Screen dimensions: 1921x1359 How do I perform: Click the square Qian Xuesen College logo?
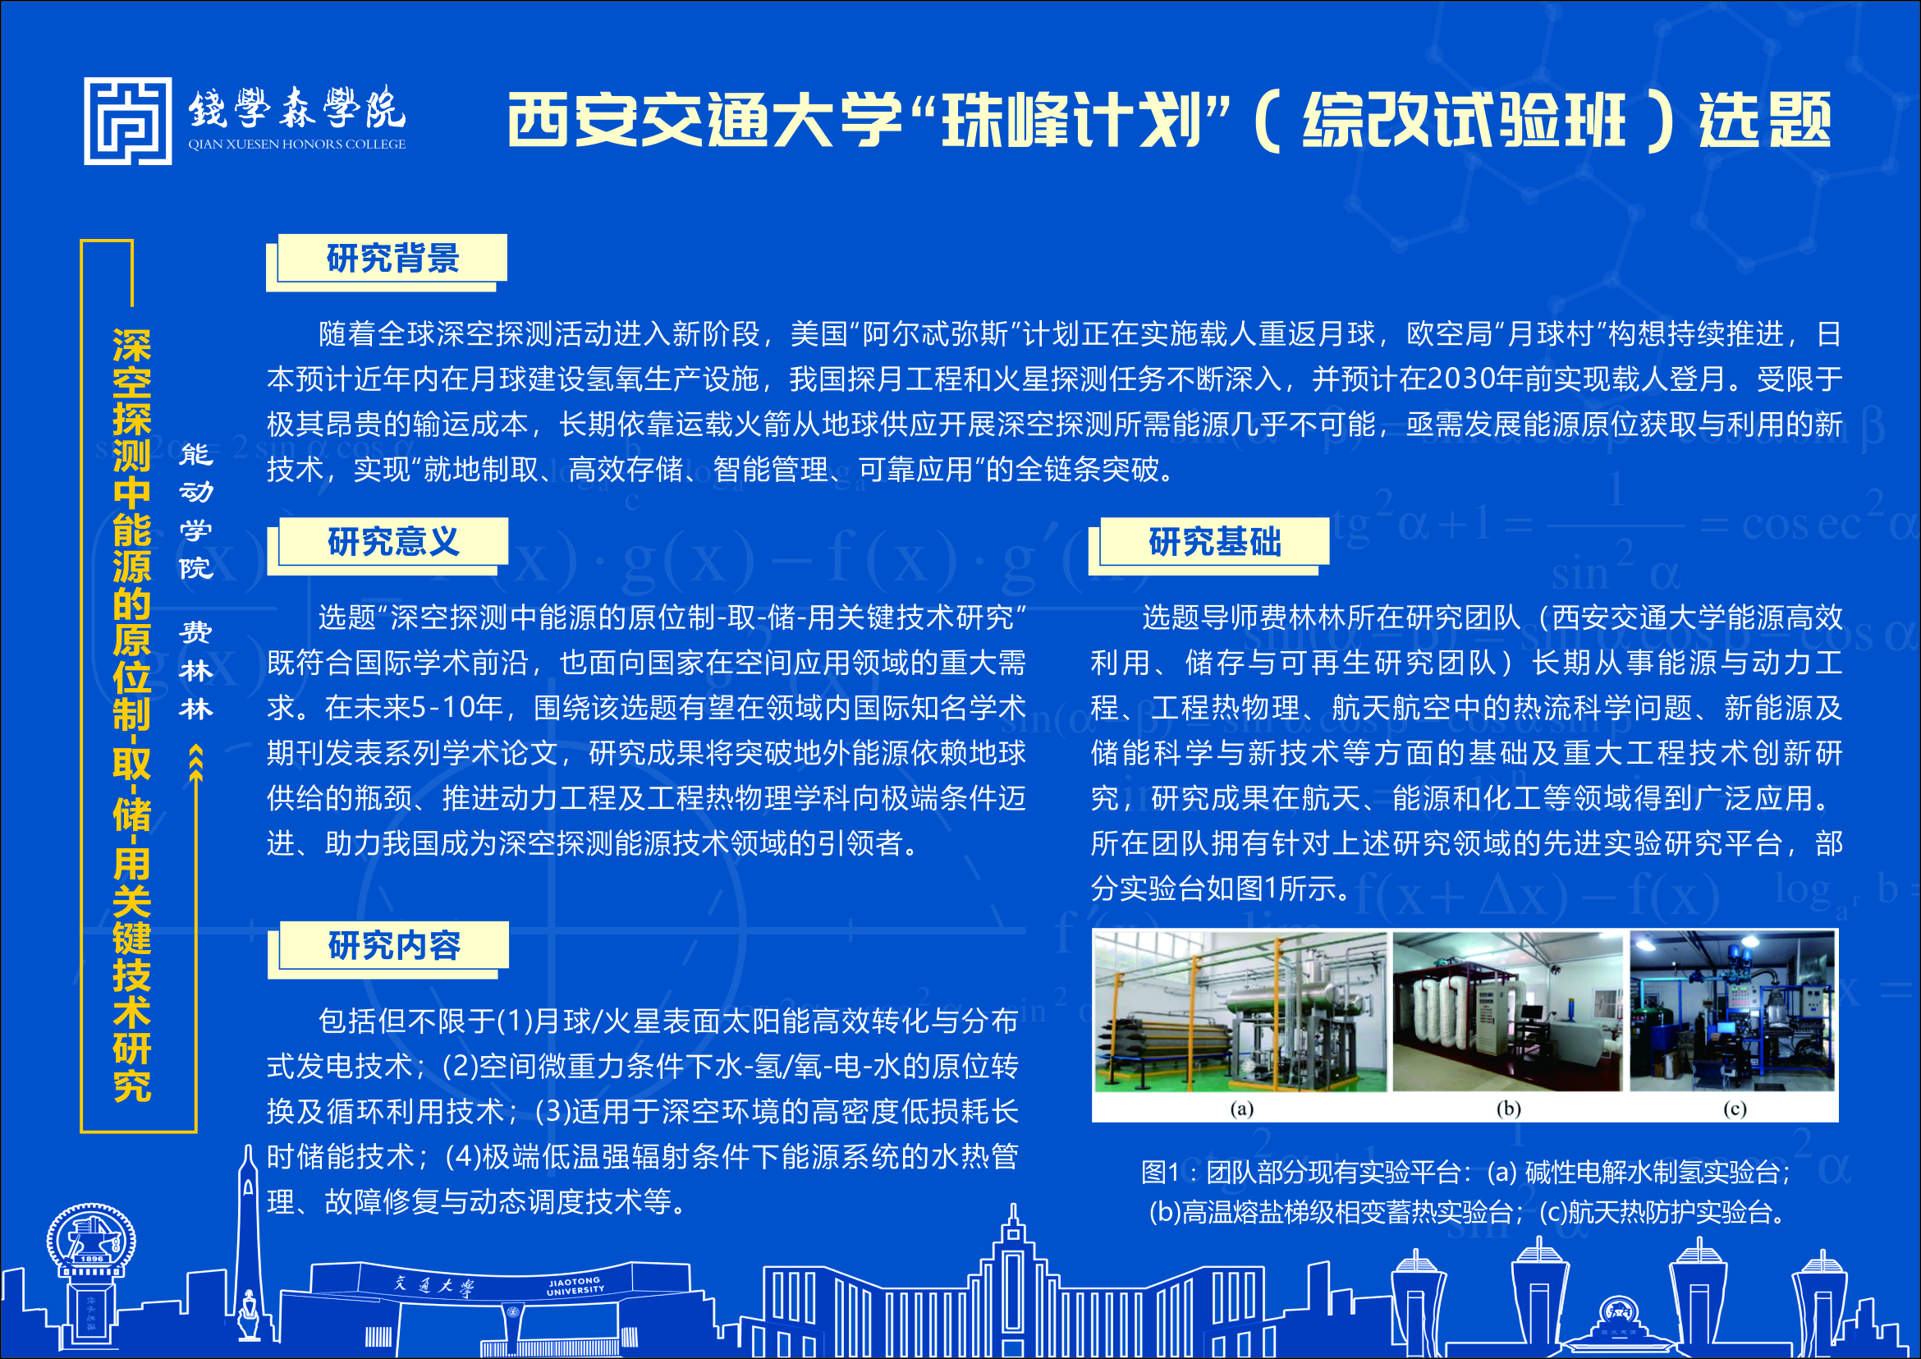(x=128, y=122)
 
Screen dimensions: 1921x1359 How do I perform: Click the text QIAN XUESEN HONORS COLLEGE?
(x=297, y=144)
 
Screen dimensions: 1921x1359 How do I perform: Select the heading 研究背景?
(x=392, y=258)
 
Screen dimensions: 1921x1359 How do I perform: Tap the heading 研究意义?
(x=393, y=541)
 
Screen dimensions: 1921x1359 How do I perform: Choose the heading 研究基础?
(x=1215, y=541)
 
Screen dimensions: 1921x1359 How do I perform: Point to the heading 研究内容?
(x=394, y=946)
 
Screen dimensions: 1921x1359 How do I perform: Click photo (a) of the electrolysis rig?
(x=1240, y=1012)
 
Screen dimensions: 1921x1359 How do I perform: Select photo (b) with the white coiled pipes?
(x=1508, y=1012)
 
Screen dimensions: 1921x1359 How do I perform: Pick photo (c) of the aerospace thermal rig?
(x=1733, y=1012)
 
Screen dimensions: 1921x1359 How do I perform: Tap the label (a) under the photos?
(x=1241, y=1109)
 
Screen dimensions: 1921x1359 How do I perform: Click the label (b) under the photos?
(x=1509, y=1109)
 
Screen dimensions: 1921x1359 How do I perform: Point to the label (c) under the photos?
(x=1735, y=1109)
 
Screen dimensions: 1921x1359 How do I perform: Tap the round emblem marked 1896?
(x=91, y=1238)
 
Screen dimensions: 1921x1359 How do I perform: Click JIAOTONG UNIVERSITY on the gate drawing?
(x=575, y=1286)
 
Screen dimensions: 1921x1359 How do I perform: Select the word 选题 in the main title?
(x=1764, y=119)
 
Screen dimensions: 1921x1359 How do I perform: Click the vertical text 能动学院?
(x=195, y=512)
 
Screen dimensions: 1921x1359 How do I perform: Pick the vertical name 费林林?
(x=195, y=670)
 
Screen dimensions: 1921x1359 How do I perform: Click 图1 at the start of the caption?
(x=1160, y=1173)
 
